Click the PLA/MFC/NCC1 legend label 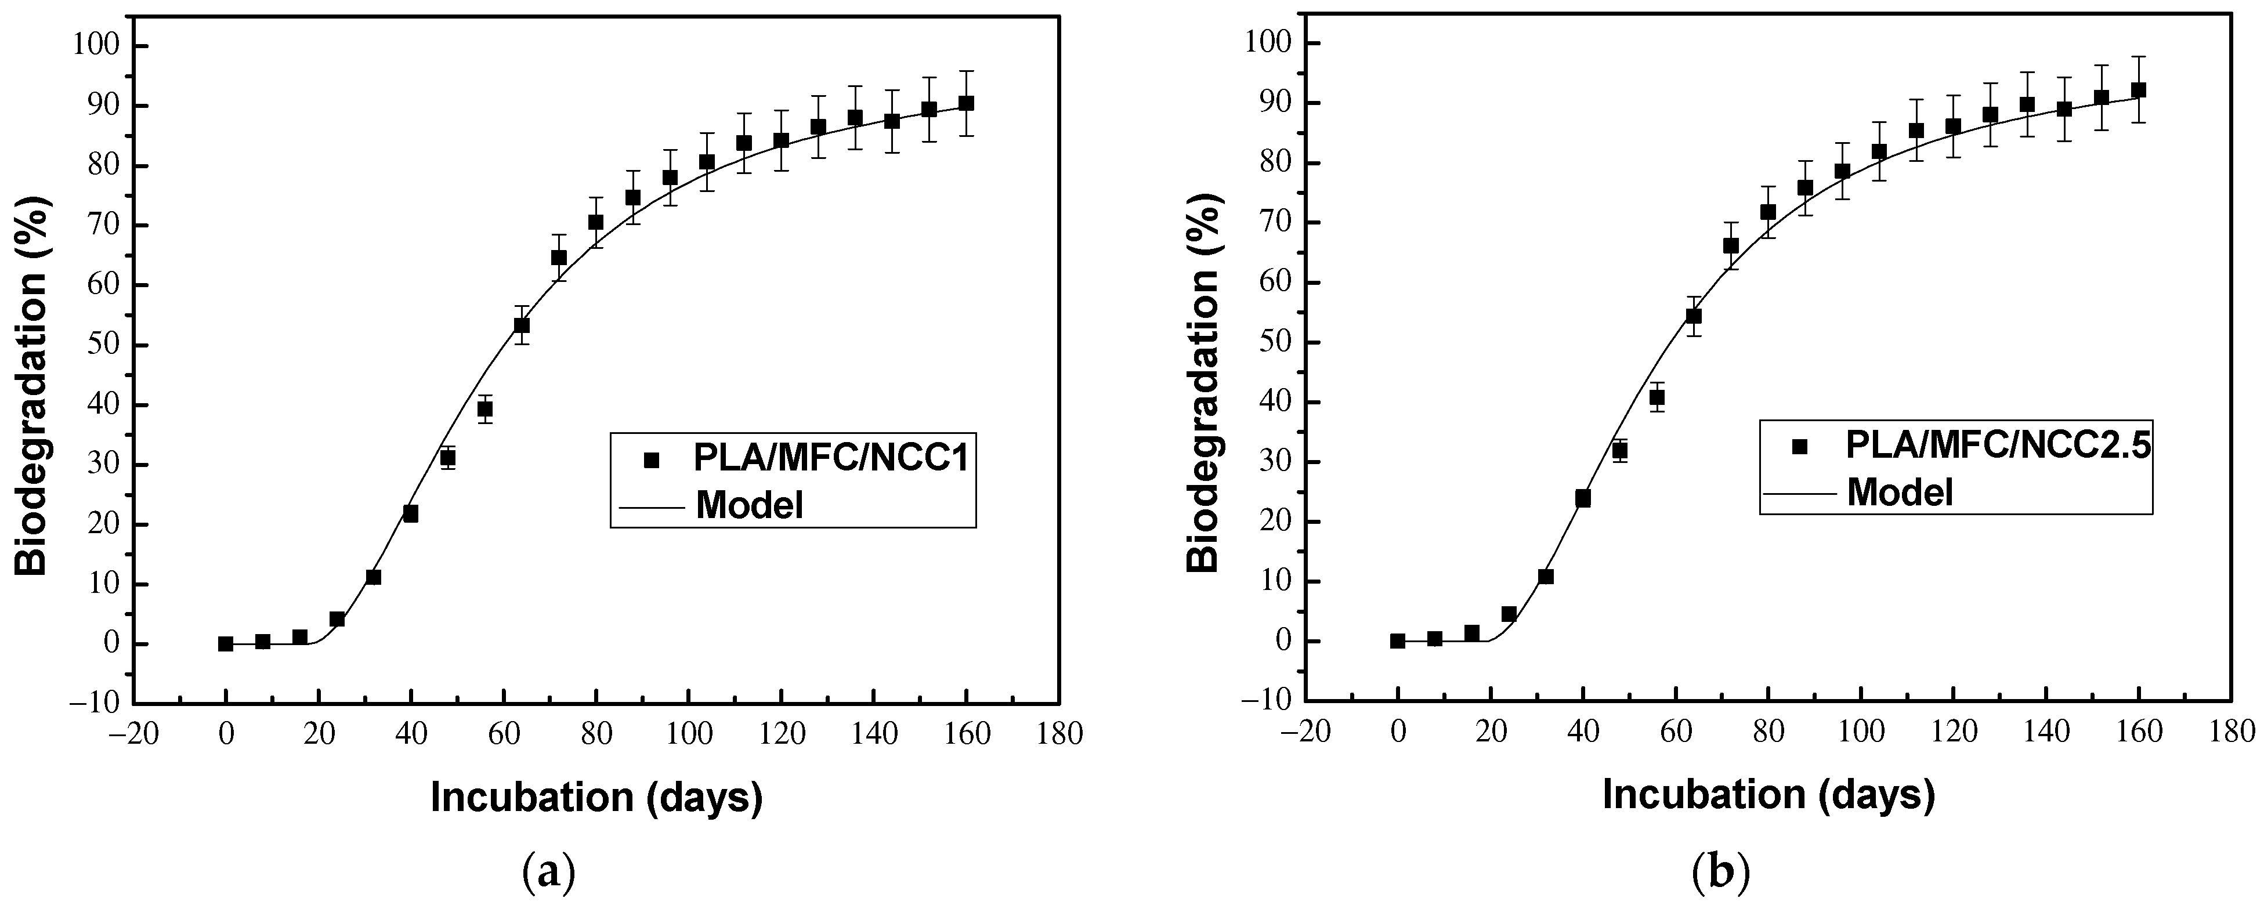pyautogui.click(x=830, y=459)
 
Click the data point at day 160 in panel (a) pyautogui.click(x=966, y=103)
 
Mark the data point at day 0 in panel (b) pyautogui.click(x=1397, y=640)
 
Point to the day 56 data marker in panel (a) pyautogui.click(x=484, y=408)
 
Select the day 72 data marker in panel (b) pyautogui.click(x=1731, y=245)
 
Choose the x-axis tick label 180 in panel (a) pyautogui.click(x=1059, y=734)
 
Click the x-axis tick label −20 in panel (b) pyautogui.click(x=1304, y=731)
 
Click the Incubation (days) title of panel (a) pyautogui.click(x=596, y=797)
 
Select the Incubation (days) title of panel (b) pyautogui.click(x=1768, y=794)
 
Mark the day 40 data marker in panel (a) pyautogui.click(x=410, y=513)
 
